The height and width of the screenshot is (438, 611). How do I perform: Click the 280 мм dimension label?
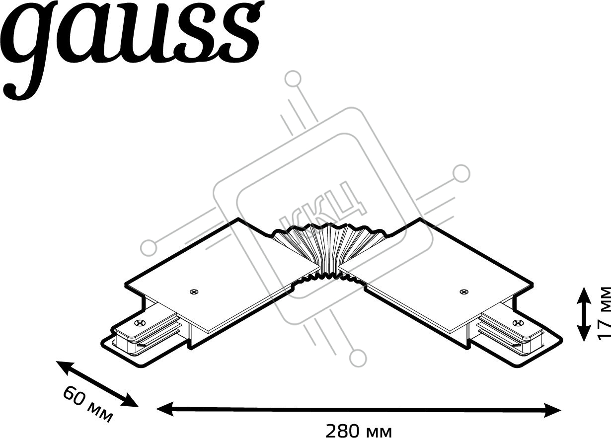[x=359, y=431]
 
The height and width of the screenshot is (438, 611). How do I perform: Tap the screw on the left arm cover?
[x=194, y=292]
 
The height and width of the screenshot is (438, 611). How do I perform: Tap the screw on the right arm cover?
[x=463, y=292]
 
